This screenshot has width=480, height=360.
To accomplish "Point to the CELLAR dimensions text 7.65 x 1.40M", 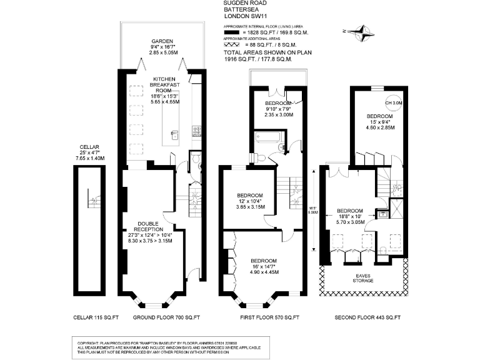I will click(x=89, y=158).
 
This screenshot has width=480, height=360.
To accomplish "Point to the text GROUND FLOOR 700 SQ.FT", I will click(x=166, y=318).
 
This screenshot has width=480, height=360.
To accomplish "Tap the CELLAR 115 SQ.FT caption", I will click(x=97, y=318).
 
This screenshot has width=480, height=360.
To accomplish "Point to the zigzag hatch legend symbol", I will click(x=232, y=45).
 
